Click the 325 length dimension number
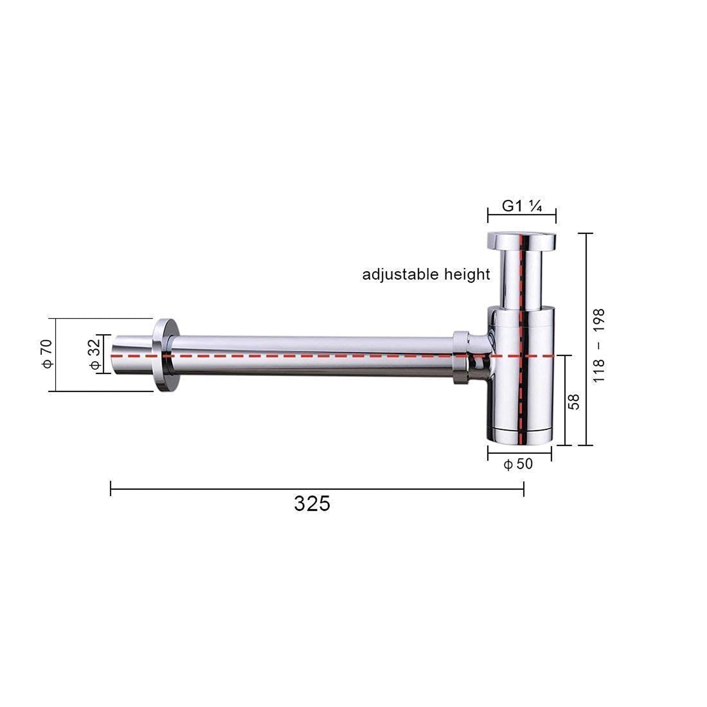312,503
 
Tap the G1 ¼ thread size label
522,206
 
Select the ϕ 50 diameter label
518,464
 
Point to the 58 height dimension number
574,402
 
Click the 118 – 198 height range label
599,345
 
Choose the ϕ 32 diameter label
95,354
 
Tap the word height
467,274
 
